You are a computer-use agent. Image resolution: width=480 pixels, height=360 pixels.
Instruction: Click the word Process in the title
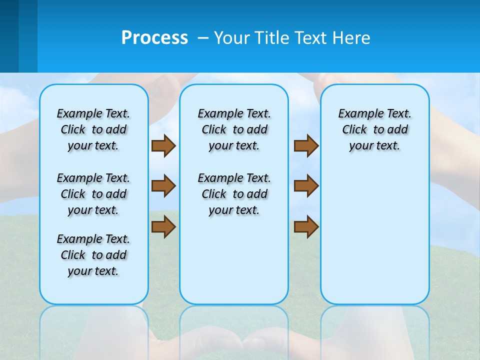click(x=154, y=38)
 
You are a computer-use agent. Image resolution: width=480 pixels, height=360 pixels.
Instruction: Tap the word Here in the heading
click(x=352, y=38)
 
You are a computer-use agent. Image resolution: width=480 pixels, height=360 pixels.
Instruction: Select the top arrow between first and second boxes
click(x=163, y=146)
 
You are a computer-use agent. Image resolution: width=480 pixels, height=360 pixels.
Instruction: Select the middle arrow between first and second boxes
click(x=163, y=186)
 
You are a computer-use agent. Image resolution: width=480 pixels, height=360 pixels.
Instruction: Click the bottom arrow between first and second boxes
click(x=163, y=227)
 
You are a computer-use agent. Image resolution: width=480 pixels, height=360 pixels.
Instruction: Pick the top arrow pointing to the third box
click(x=306, y=146)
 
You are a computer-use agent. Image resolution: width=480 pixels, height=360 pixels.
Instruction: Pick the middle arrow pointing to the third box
click(x=306, y=186)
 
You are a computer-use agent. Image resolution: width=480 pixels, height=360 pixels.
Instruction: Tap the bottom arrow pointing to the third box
click(x=306, y=227)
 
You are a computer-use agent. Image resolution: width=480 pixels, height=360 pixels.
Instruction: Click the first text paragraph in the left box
click(x=93, y=129)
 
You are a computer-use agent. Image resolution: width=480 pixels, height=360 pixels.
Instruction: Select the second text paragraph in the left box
click(x=93, y=194)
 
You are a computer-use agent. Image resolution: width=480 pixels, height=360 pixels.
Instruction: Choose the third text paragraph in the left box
click(x=93, y=255)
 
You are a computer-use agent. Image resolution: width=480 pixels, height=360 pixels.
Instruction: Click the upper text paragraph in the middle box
click(x=234, y=129)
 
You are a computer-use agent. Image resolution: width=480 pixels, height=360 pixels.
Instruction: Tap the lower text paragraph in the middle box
click(x=234, y=194)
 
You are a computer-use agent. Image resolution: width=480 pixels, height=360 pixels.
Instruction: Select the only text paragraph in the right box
click(x=374, y=129)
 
